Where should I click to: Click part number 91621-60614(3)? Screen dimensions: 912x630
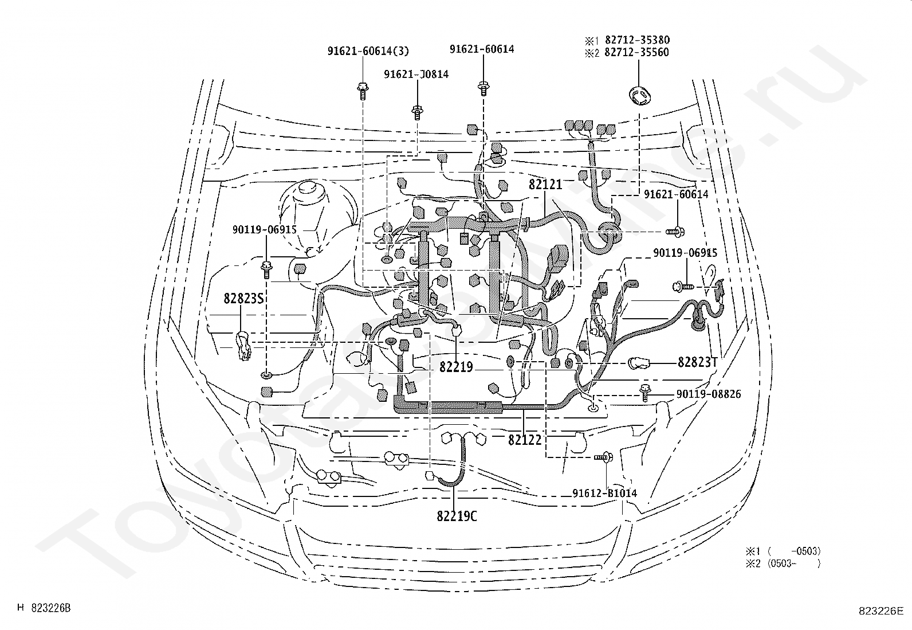(368, 51)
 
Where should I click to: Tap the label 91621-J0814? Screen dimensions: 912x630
(416, 74)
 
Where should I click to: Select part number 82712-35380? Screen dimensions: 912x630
(637, 40)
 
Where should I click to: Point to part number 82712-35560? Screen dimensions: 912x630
(637, 52)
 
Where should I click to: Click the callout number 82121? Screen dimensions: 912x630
(545, 185)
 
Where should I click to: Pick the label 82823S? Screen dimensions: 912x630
(243, 299)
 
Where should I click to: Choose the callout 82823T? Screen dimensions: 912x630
(697, 362)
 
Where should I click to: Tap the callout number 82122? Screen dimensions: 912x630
(525, 440)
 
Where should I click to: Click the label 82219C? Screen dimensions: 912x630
(457, 516)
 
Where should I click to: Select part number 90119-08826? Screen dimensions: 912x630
(709, 394)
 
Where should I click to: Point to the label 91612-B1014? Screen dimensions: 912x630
(604, 493)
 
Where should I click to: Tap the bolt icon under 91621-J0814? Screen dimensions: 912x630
(417, 112)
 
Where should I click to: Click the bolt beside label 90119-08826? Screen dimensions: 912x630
(645, 393)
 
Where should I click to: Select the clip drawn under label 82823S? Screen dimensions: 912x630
(243, 346)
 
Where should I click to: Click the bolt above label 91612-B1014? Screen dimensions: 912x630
(604, 457)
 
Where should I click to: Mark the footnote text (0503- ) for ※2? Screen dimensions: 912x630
(794, 564)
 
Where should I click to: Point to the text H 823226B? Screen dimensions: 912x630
(44, 608)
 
